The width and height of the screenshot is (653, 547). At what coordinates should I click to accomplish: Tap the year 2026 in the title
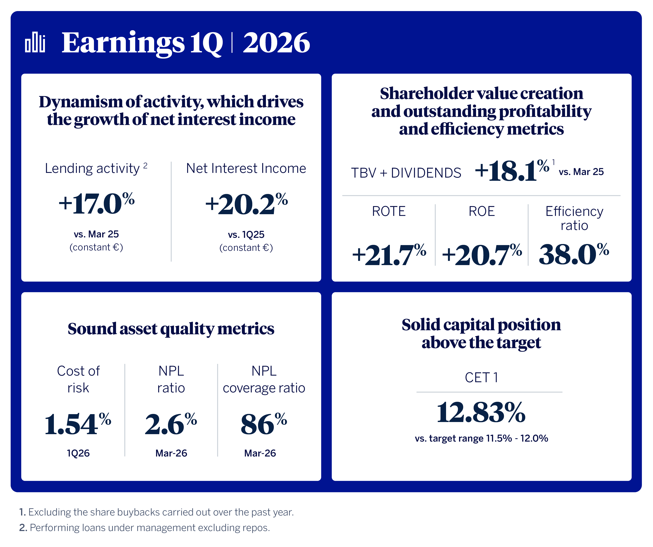276,43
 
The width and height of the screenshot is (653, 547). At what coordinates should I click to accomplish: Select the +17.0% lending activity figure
97,204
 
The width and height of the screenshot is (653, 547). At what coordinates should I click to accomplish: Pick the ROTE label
389,211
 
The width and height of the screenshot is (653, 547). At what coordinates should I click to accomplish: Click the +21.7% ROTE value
389,255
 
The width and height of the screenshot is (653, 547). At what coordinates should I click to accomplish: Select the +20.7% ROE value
482,255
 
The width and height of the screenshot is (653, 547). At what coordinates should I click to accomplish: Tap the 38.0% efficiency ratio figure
574,254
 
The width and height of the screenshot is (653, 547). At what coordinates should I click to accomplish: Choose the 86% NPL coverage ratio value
264,425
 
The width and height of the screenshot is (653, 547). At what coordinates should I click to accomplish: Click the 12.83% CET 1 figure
481,413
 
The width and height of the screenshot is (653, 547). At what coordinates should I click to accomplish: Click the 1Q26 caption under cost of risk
78,453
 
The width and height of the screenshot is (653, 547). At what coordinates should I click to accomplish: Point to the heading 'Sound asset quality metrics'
171,329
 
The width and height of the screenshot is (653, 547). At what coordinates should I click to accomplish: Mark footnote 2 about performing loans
145,528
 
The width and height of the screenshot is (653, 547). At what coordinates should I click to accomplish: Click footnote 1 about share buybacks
156,512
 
